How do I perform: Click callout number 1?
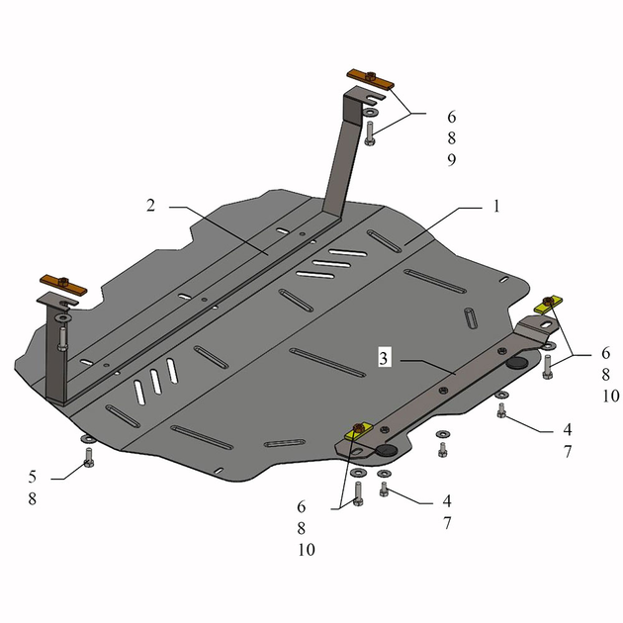[496, 207]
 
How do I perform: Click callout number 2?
[150, 206]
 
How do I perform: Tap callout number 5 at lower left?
[33, 477]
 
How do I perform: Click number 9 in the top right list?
[423, 159]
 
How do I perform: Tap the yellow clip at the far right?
[549, 303]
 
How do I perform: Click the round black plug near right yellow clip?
[515, 364]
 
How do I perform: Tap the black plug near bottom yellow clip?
[386, 451]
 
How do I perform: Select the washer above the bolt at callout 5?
[87, 439]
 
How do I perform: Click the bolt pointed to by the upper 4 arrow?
[502, 410]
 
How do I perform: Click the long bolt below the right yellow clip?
[547, 367]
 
